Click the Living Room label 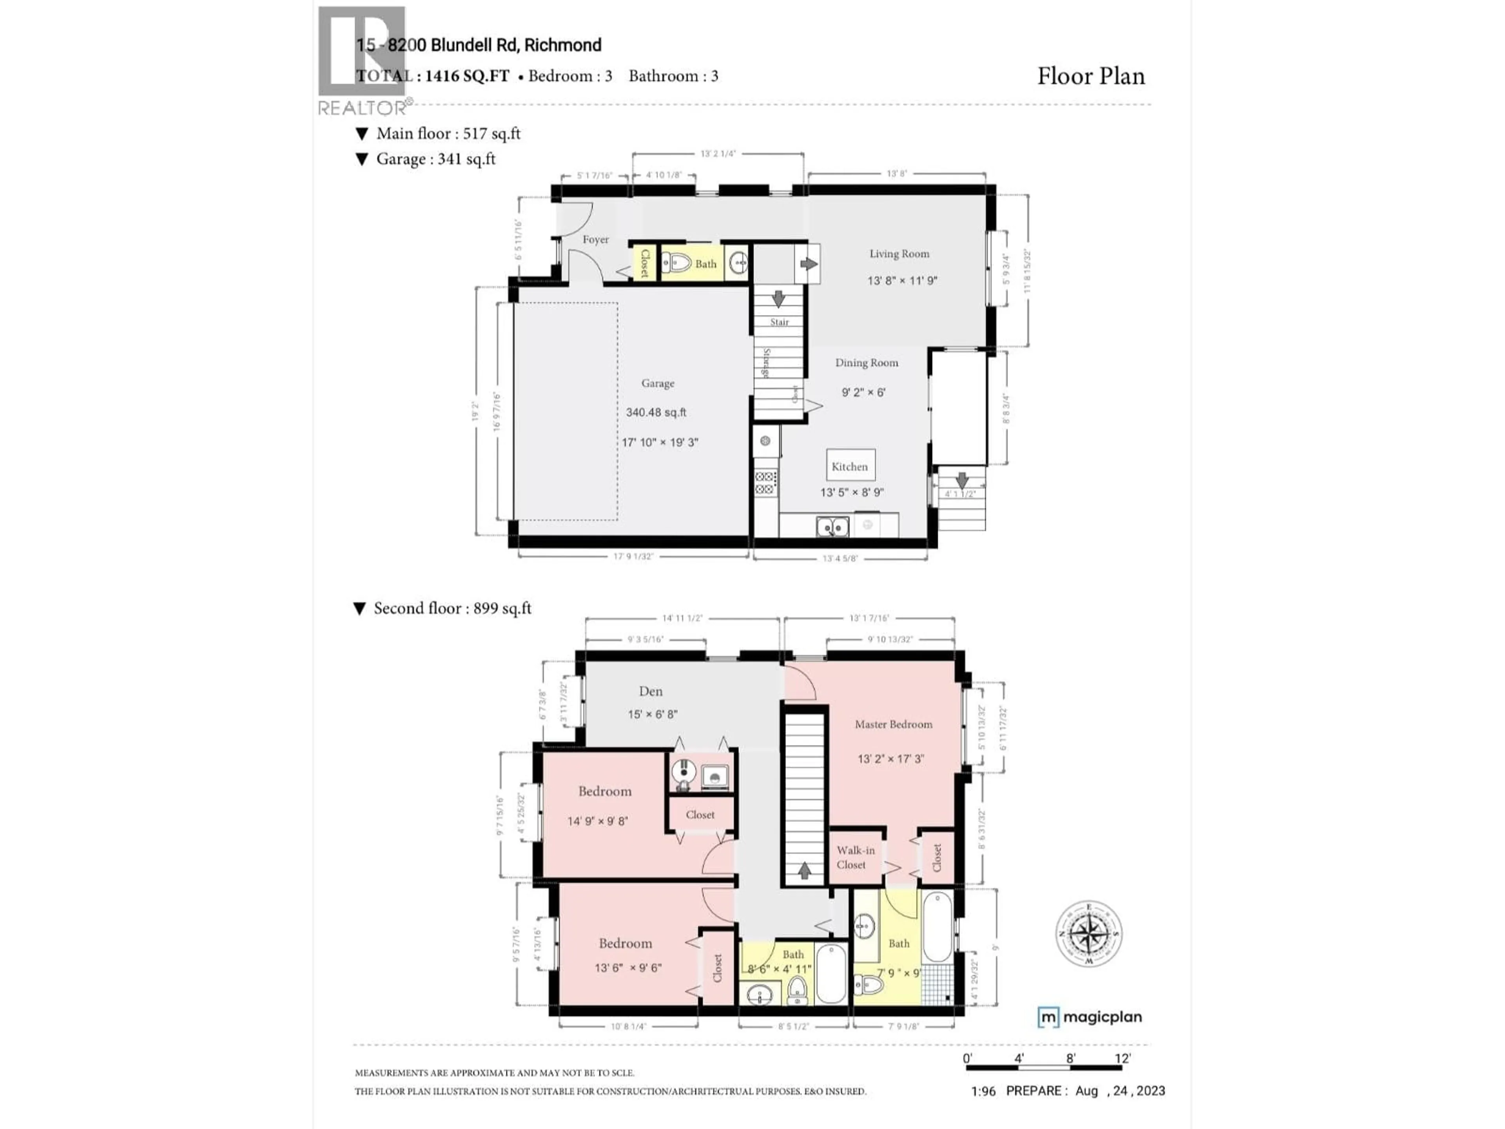pyautogui.click(x=899, y=254)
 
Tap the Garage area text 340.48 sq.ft pyautogui.click(x=656, y=412)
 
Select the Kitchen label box pyautogui.click(x=850, y=466)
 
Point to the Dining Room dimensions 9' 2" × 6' pyautogui.click(x=863, y=393)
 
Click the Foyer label pyautogui.click(x=595, y=240)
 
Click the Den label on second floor pyautogui.click(x=651, y=692)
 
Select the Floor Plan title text pyautogui.click(x=1091, y=76)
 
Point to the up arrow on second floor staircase pyautogui.click(x=804, y=870)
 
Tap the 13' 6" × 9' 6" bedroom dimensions pyautogui.click(x=627, y=968)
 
